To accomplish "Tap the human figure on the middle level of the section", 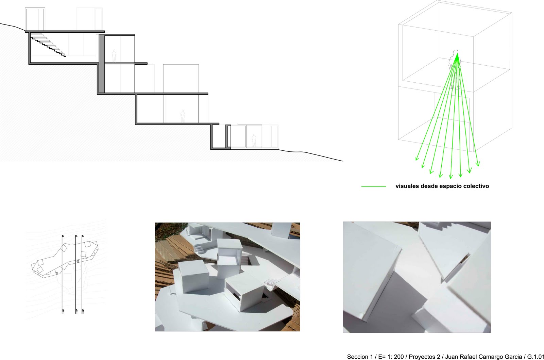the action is click(x=183, y=116).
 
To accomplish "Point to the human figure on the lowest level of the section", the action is click(x=253, y=140).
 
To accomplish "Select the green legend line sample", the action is click(x=374, y=186).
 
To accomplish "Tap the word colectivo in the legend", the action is click(x=476, y=186).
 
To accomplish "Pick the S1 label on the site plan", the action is click(x=63, y=311).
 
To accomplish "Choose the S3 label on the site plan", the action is click(x=83, y=311).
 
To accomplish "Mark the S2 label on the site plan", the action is click(x=76, y=311).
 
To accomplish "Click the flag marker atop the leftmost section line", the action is click(x=63, y=235).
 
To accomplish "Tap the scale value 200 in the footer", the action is click(x=399, y=357).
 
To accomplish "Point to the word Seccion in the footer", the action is click(x=357, y=357).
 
